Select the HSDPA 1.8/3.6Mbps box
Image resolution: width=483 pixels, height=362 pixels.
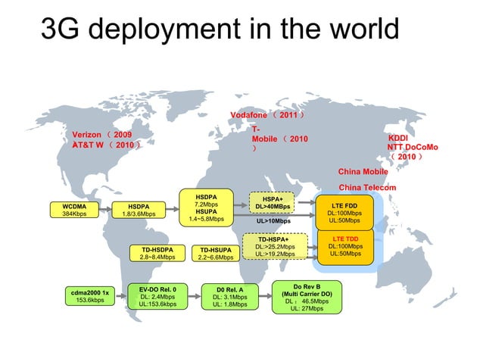139,210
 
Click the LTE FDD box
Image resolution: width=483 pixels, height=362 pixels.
344,212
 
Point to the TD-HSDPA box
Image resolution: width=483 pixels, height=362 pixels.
157,253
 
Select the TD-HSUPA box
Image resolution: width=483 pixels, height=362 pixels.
216,253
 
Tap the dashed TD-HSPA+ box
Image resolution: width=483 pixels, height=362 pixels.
275,246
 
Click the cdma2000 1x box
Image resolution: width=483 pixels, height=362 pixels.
90,295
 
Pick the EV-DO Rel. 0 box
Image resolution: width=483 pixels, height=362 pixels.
158,296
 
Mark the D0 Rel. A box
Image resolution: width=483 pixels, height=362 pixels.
230,297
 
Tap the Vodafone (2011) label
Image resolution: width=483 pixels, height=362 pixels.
267,115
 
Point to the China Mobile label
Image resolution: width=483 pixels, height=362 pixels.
363,172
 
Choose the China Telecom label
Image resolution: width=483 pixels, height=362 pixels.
367,187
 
